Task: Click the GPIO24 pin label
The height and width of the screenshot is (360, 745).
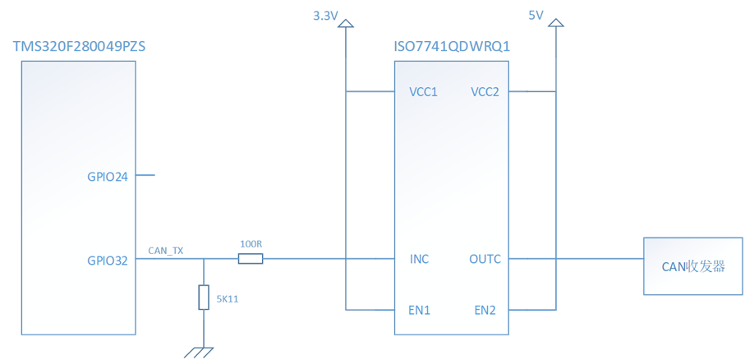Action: [x=107, y=175]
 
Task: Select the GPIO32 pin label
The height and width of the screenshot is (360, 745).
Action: [x=107, y=260]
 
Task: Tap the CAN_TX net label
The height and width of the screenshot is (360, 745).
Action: [x=165, y=250]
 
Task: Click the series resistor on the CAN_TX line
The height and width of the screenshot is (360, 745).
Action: [x=251, y=260]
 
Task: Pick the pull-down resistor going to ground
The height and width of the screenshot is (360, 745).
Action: [x=203, y=297]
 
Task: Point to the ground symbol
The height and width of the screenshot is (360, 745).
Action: [x=200, y=351]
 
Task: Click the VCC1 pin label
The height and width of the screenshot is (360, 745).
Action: [x=423, y=92]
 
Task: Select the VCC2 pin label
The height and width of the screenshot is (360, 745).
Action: [x=485, y=92]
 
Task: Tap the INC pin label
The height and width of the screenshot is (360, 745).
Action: [x=419, y=260]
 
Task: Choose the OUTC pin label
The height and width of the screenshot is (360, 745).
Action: [x=485, y=260]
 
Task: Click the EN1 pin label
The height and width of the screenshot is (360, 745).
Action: [x=420, y=310]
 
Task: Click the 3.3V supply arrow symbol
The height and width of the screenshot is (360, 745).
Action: [x=345, y=30]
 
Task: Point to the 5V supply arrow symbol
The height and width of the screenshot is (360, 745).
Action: [x=556, y=30]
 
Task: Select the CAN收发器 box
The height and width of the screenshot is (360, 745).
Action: [x=693, y=266]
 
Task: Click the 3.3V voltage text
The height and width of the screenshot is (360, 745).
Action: [x=326, y=16]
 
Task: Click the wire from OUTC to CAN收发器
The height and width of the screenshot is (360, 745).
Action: [x=575, y=260]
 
